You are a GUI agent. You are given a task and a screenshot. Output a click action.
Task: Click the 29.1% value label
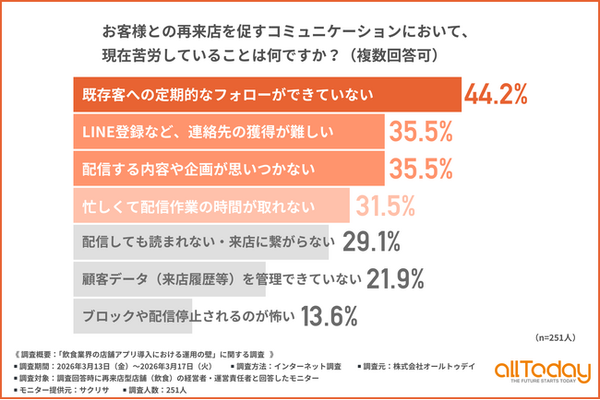coord(370,241)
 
